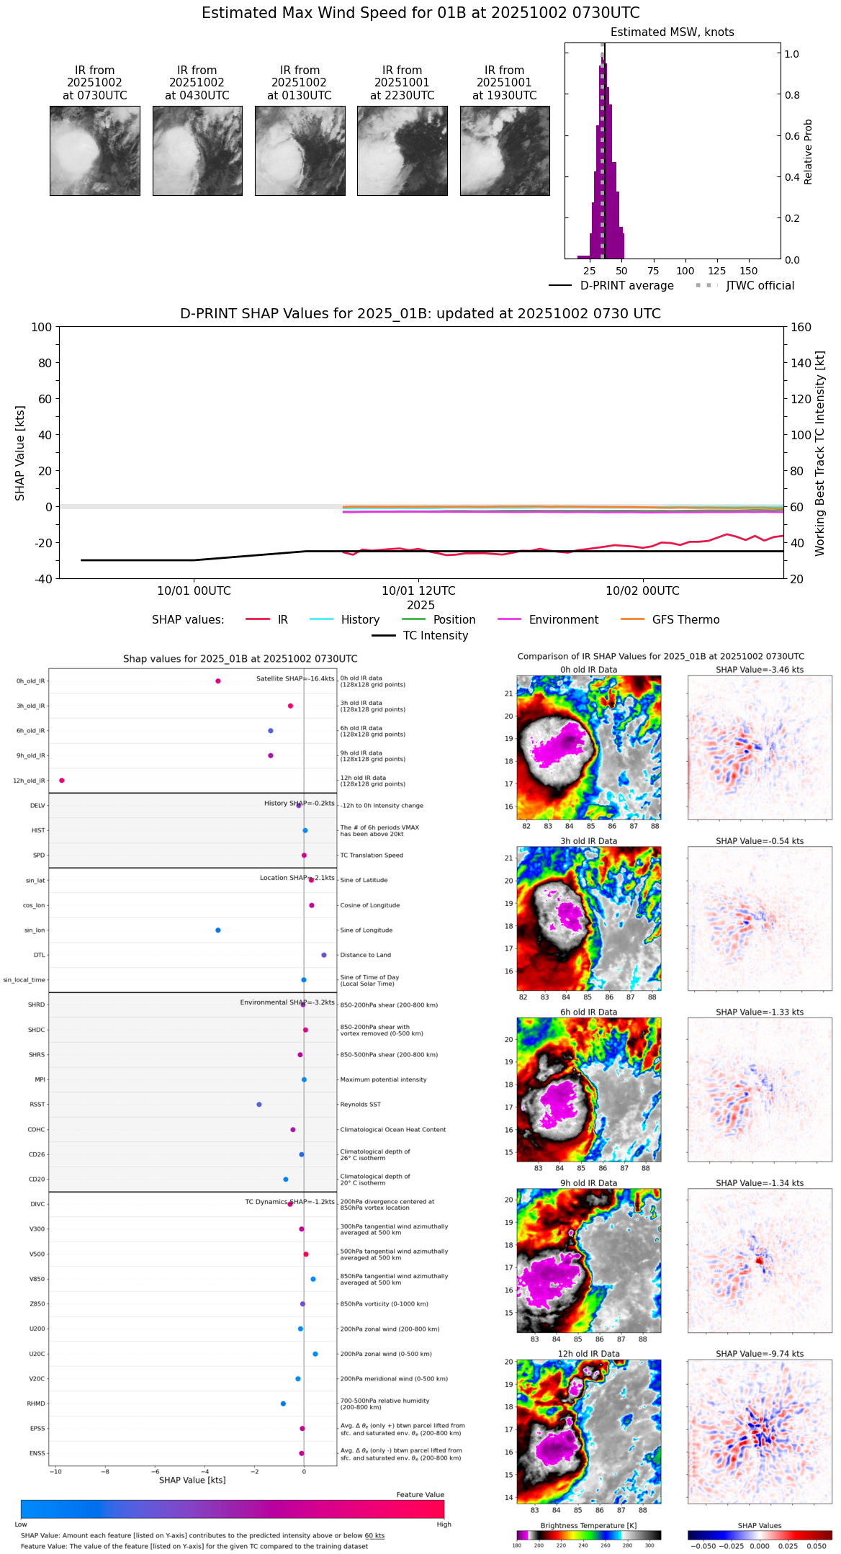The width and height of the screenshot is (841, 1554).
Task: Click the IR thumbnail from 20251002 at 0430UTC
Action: tap(197, 151)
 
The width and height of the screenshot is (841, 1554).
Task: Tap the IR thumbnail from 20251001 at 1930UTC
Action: tap(505, 151)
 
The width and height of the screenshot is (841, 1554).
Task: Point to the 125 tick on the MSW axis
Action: tap(716, 271)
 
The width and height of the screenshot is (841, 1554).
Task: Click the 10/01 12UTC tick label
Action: tap(418, 591)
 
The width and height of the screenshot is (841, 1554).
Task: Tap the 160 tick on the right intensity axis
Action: tap(801, 327)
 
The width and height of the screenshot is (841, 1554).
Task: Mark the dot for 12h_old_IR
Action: tap(62, 781)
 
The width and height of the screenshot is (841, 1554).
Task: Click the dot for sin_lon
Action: tap(218, 930)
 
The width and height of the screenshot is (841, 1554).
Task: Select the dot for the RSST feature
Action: tap(259, 1105)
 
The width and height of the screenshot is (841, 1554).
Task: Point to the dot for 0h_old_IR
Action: tap(218, 681)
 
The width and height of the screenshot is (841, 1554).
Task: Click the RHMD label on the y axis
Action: tap(36, 1403)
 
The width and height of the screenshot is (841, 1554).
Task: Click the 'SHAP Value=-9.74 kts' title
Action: tap(760, 1354)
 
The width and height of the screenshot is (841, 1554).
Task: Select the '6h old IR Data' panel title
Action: tap(588, 1012)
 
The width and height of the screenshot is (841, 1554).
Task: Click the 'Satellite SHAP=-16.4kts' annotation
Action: tap(295, 678)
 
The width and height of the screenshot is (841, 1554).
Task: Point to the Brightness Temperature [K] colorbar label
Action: tap(588, 1525)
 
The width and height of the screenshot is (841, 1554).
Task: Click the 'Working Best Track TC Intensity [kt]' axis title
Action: tap(820, 453)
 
